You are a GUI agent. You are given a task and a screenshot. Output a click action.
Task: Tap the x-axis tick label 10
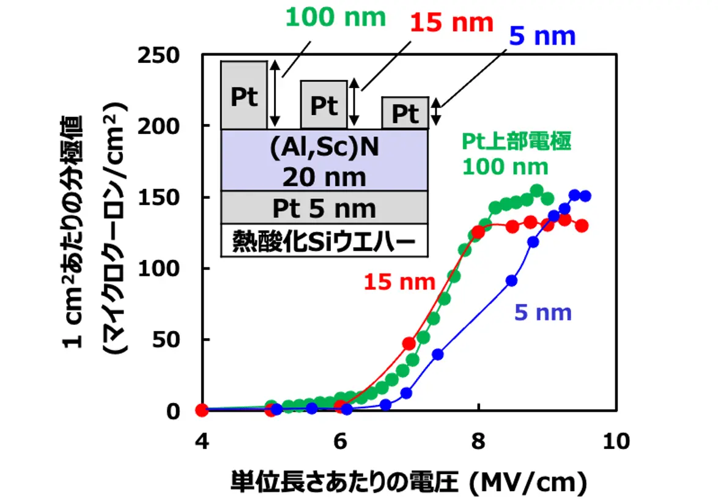point(616,441)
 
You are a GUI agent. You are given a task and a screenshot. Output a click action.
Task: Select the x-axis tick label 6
point(341,441)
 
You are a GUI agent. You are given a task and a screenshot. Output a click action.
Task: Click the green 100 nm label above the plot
point(336,18)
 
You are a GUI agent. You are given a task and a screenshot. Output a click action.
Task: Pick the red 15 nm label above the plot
point(451,23)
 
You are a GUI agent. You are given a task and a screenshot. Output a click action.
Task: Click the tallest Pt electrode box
point(244,95)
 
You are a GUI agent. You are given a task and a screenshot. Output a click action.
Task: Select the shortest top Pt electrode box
point(404,113)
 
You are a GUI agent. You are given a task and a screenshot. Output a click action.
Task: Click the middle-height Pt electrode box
point(324,105)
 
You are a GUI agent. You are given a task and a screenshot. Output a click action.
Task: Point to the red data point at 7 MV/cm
point(409,344)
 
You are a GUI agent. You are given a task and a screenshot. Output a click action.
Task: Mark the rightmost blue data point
point(585,196)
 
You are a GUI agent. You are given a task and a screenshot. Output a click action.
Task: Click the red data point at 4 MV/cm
point(202,410)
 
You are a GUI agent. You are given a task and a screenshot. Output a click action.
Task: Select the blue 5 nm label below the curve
point(542,313)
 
